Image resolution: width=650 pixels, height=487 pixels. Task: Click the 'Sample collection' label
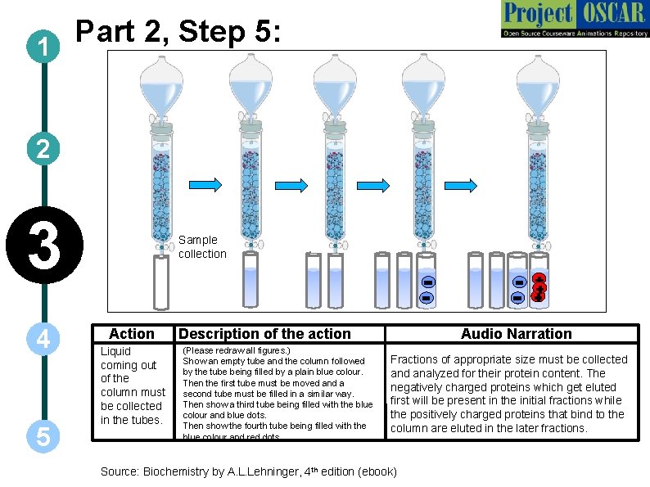pyautogui.click(x=202, y=246)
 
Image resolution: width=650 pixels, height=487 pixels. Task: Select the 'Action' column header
pyautogui.click(x=131, y=333)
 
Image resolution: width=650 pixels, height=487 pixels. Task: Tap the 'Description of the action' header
pyautogui.click(x=264, y=333)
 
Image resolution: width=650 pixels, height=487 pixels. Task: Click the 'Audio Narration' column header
pyautogui.click(x=516, y=333)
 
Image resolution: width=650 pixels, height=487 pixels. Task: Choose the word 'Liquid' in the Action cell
pyautogui.click(x=115, y=351)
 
